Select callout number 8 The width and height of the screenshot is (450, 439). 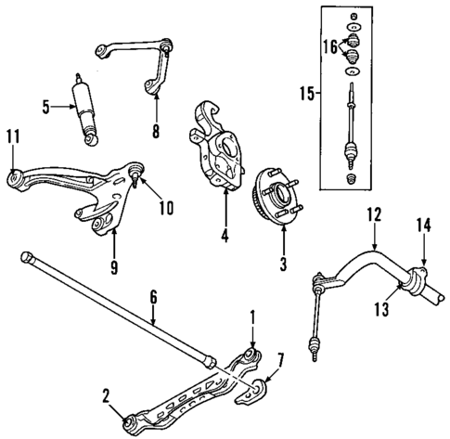pyautogui.click(x=155, y=131)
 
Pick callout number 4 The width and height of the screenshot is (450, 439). pyautogui.click(x=225, y=236)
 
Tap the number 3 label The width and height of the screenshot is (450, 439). pyautogui.click(x=283, y=263)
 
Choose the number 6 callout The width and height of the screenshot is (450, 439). pyautogui.click(x=154, y=297)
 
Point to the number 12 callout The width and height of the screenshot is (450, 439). pyautogui.click(x=373, y=215)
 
